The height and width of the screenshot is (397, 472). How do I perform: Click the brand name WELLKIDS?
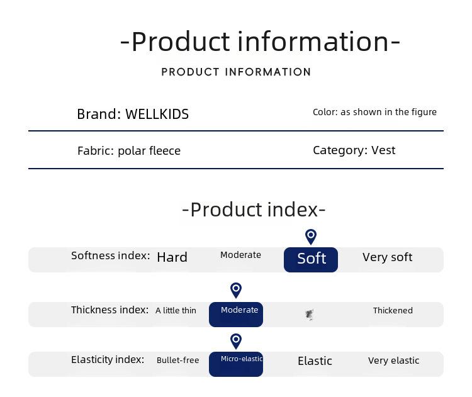(x=157, y=114)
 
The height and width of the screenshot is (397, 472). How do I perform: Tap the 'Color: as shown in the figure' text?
(x=374, y=112)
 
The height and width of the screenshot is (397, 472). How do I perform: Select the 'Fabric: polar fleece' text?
(x=129, y=151)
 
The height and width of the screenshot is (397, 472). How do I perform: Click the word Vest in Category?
(x=383, y=150)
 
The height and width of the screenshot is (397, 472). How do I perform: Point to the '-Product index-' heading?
(x=254, y=210)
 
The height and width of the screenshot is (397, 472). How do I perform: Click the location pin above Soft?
(x=311, y=237)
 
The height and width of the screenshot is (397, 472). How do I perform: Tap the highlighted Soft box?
(x=311, y=259)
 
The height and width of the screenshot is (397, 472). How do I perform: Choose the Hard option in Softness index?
(x=172, y=257)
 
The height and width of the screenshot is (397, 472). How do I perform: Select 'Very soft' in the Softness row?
(x=387, y=257)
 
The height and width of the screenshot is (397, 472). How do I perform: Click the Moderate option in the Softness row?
(x=240, y=255)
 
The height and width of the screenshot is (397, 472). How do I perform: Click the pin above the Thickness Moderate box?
(x=236, y=290)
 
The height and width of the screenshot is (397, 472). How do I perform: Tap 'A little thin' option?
(x=176, y=310)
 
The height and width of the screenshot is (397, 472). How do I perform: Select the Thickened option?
(x=393, y=310)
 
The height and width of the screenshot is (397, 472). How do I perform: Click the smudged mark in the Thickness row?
(x=310, y=315)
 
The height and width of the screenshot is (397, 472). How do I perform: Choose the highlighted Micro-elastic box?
(x=236, y=364)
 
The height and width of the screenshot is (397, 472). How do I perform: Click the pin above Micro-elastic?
(x=236, y=341)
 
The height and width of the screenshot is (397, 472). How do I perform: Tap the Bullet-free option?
(x=178, y=360)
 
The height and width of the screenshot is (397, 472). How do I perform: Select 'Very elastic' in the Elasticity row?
(x=393, y=361)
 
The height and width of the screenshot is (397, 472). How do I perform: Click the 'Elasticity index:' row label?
(x=108, y=360)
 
